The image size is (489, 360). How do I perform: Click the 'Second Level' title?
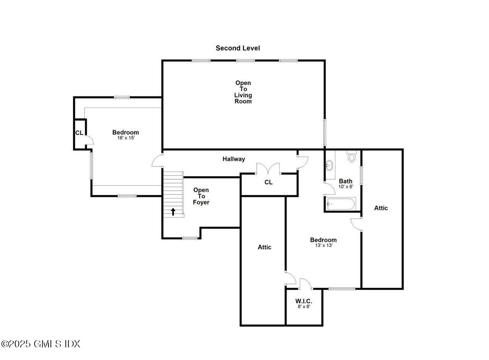click(x=238, y=48)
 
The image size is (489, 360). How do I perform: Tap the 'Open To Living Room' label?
click(x=243, y=92)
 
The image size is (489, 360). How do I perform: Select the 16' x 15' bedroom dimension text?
click(x=126, y=138)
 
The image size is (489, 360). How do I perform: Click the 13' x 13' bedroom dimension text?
click(x=323, y=245)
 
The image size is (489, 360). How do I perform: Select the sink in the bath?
click(x=329, y=165)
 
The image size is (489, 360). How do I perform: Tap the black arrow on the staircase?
click(x=173, y=211)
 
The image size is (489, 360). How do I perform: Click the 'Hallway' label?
click(x=234, y=159)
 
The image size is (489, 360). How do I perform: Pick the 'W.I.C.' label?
click(x=304, y=301)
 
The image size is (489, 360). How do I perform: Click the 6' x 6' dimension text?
click(x=304, y=306)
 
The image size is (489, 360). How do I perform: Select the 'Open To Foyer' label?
click(x=201, y=196)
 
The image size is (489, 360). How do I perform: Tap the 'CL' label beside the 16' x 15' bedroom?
click(x=79, y=133)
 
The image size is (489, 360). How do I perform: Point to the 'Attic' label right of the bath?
click(x=381, y=208)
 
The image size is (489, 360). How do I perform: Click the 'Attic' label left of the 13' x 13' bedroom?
click(x=264, y=247)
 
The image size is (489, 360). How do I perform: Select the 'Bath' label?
click(x=346, y=181)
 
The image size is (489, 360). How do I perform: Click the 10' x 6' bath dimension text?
click(x=346, y=187)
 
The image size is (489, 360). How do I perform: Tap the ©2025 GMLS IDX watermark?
click(x=40, y=344)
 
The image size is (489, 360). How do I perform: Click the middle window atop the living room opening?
click(x=245, y=60)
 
